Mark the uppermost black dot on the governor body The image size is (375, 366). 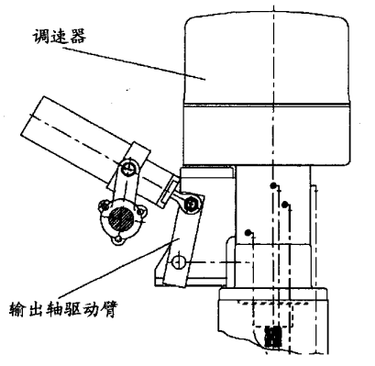tap(272, 186)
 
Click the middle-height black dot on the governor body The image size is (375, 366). tap(286, 204)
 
